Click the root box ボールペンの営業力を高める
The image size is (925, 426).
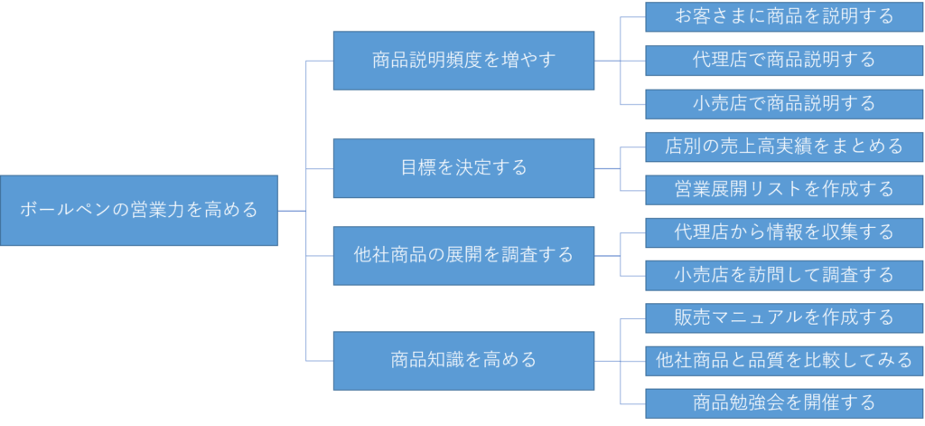[139, 211]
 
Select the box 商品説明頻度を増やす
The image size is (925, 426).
[463, 61]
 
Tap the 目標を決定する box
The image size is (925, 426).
[463, 168]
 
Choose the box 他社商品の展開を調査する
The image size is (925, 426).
[463, 255]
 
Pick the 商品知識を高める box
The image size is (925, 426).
[463, 360]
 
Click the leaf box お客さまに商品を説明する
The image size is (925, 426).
[784, 16]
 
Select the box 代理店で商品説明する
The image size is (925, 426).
[784, 60]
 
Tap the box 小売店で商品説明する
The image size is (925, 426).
[784, 103]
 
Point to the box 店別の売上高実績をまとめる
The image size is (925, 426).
[784, 146]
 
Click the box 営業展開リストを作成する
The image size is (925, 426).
[784, 189]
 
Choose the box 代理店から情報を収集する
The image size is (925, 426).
[784, 232]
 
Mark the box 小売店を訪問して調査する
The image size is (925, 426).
[784, 274]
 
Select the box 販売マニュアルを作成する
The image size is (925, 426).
[784, 317]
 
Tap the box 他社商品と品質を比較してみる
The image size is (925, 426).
[784, 360]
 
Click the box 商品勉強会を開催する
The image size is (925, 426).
[784, 402]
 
